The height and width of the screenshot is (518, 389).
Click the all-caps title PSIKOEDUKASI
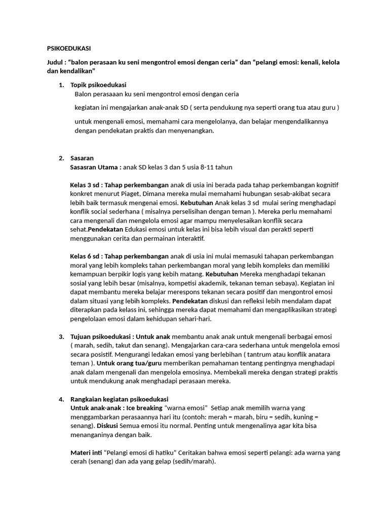65,49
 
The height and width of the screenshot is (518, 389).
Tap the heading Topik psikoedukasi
98,85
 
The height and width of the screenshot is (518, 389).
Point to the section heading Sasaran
82,158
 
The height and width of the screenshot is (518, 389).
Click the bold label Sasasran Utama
94,167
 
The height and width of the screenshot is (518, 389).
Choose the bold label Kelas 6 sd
86,256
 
